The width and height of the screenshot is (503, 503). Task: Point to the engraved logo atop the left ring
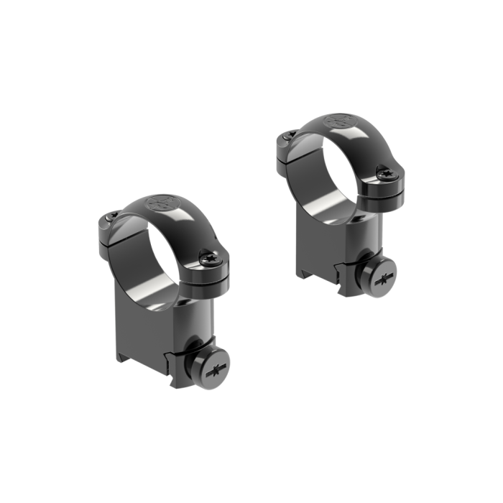[161, 203]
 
